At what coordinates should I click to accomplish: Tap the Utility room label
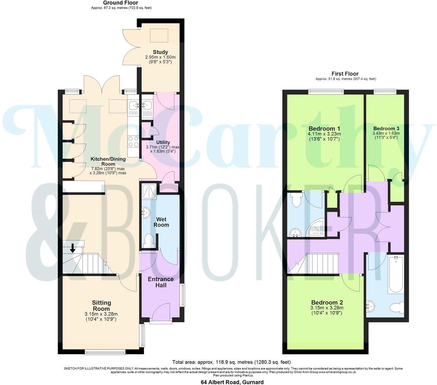click(163, 142)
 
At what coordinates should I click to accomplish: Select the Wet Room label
click(161, 222)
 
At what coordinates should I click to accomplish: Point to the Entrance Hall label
click(161, 282)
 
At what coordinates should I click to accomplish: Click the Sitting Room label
click(101, 306)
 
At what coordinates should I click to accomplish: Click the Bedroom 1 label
click(324, 128)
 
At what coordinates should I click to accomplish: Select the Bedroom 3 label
click(386, 128)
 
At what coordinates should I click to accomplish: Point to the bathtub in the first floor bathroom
click(396, 274)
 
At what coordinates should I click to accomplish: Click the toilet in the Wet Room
click(148, 241)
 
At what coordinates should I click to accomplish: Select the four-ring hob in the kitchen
click(134, 142)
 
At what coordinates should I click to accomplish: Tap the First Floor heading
click(345, 74)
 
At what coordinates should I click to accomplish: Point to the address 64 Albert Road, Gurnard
click(232, 382)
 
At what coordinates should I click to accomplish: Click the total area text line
click(231, 362)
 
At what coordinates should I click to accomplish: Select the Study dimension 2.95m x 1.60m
click(160, 57)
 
